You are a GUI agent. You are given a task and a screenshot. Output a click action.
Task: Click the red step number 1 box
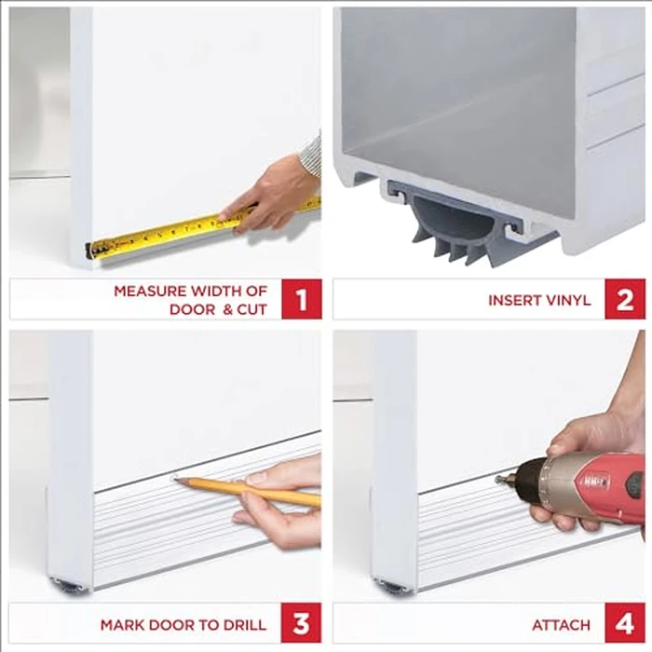pyautogui.click(x=301, y=299)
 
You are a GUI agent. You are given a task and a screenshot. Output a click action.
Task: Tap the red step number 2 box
pyautogui.click(x=624, y=299)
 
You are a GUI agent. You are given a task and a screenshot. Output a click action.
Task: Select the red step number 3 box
pyautogui.click(x=301, y=623)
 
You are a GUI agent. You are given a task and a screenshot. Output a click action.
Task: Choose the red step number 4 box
pyautogui.click(x=624, y=623)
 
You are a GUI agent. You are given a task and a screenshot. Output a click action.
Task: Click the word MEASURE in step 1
pyautogui.click(x=146, y=291)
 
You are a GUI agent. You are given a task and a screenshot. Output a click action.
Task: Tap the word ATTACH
pyautogui.click(x=563, y=624)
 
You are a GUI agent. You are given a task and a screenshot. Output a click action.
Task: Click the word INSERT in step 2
pyautogui.click(x=512, y=300)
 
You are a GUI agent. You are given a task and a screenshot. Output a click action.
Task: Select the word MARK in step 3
pyautogui.click(x=120, y=624)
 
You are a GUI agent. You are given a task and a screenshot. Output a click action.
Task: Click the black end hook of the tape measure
pyautogui.click(x=89, y=250)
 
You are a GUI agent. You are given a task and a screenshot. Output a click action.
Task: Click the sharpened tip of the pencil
pyautogui.click(x=176, y=481)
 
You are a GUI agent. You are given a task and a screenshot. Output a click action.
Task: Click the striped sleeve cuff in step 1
pyautogui.click(x=311, y=155)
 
